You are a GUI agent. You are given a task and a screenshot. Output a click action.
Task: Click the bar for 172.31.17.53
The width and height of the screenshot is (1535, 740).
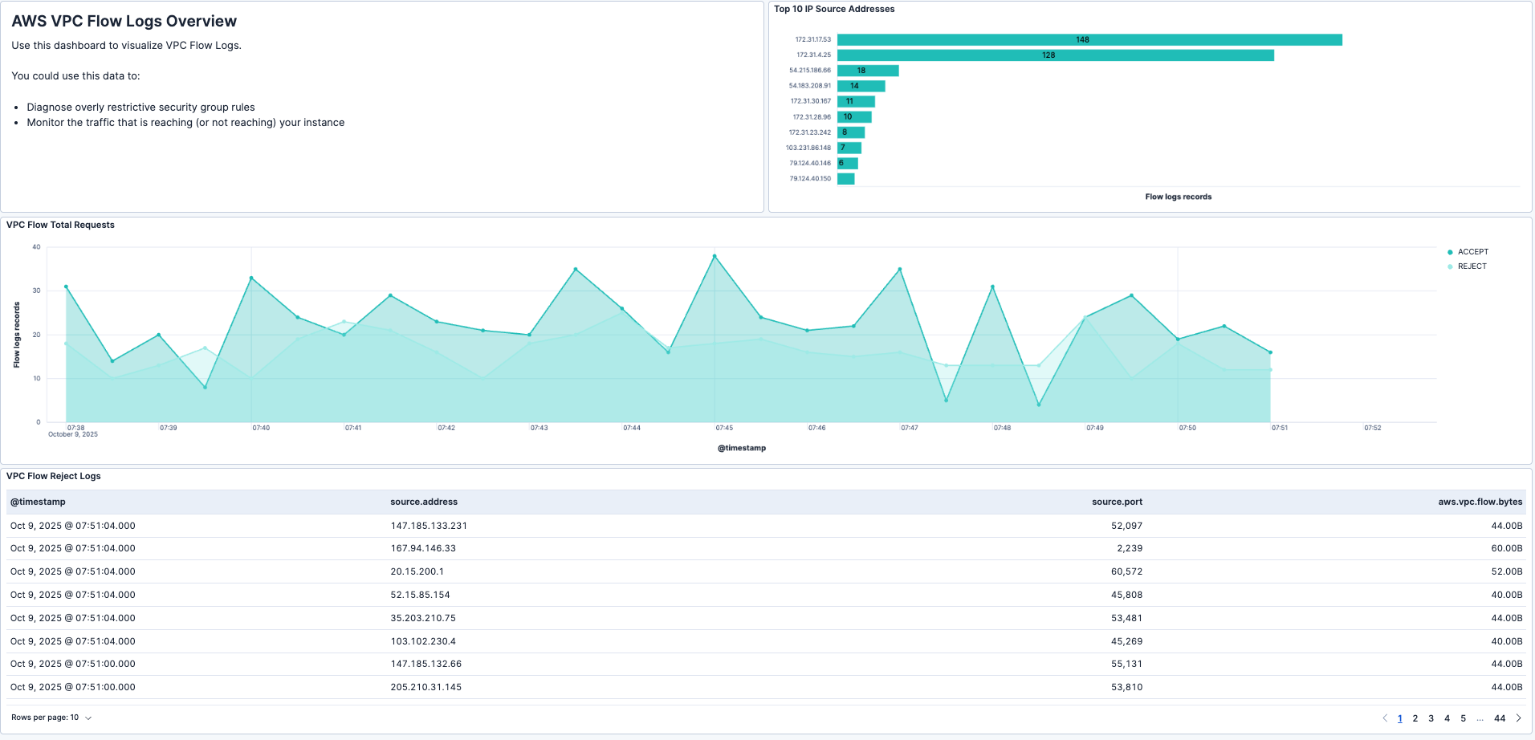1089,39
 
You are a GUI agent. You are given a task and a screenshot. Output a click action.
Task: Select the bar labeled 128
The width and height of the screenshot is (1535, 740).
1054,55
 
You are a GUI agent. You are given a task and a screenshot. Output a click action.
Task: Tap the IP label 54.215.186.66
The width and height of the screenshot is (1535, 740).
809,71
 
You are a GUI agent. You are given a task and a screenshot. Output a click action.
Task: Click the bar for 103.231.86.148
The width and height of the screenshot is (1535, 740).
849,148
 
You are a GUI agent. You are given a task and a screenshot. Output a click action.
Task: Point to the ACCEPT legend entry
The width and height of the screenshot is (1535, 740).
1472,252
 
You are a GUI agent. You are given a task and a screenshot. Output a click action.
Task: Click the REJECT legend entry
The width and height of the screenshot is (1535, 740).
1471,266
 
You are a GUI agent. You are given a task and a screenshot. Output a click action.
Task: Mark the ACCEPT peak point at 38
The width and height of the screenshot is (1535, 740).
715,256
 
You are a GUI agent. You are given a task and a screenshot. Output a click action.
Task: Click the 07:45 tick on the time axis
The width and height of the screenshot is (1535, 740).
724,428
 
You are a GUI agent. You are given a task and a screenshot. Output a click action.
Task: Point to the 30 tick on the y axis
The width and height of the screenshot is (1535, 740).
36,291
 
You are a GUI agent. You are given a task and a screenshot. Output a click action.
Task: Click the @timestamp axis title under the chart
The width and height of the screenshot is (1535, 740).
741,448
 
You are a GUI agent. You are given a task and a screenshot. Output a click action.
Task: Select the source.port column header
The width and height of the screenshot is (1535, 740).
1116,502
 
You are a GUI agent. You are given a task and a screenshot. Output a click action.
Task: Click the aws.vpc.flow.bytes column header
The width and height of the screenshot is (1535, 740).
1480,502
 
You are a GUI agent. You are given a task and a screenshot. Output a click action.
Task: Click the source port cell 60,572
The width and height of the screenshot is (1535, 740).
1126,571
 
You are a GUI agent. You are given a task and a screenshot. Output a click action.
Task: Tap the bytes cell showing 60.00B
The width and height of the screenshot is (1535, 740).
1506,548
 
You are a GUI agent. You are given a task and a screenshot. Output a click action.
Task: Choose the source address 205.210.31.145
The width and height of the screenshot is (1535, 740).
425,687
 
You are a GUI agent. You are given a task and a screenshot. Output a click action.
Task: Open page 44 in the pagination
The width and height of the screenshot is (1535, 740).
1499,718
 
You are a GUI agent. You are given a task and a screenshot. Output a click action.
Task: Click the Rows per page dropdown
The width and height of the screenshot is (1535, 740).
51,718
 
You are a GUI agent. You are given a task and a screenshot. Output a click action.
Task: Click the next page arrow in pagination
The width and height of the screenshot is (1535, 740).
1518,718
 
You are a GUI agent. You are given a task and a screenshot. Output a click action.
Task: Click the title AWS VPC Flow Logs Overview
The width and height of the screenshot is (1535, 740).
124,22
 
